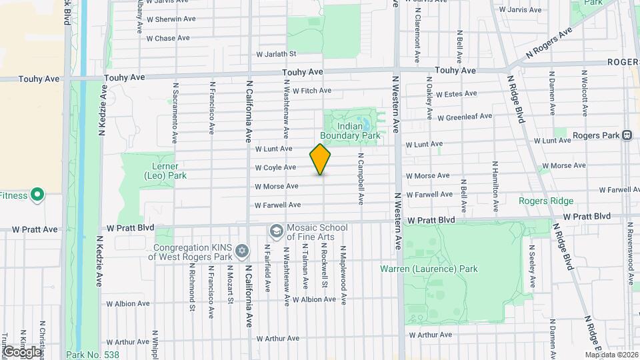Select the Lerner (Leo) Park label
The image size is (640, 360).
tap(159, 171)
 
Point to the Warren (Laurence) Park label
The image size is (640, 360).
tap(429, 269)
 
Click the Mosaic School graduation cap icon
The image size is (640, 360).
tap(275, 231)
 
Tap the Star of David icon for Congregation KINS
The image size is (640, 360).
tap(242, 251)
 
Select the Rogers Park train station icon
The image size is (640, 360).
tap(627, 135)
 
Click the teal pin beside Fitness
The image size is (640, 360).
tap(37, 195)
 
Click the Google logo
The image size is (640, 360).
tap(21, 351)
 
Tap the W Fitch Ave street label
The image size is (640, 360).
tap(311, 91)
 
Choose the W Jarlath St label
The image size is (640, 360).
tap(276, 54)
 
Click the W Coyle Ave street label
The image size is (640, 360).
tap(275, 167)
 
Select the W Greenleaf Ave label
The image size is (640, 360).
tap(465, 117)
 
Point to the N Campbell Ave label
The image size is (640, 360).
tap(361, 181)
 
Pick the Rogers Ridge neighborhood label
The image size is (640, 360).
tap(546, 201)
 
